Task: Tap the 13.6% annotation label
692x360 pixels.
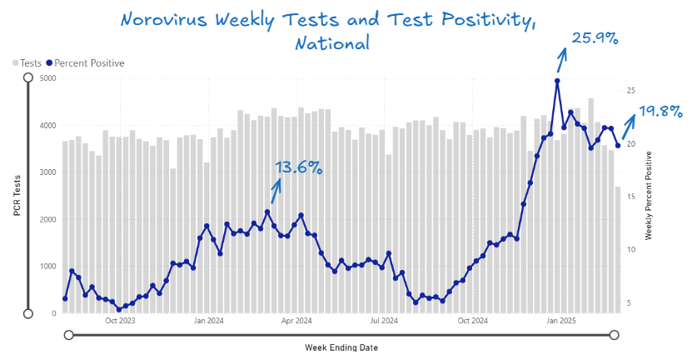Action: (298, 167)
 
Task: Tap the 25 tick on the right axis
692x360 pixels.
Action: (631, 90)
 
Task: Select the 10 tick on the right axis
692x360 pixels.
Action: (631, 250)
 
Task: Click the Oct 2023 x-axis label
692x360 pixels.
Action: (121, 320)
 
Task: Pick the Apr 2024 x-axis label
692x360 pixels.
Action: (296, 320)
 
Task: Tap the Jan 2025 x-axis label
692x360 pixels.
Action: (561, 320)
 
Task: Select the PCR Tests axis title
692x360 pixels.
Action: (17, 195)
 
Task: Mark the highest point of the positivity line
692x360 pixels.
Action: (557, 81)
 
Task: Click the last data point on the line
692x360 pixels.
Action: (618, 146)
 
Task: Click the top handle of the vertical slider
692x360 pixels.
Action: (28, 77)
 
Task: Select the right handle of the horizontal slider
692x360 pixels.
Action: (615, 335)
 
